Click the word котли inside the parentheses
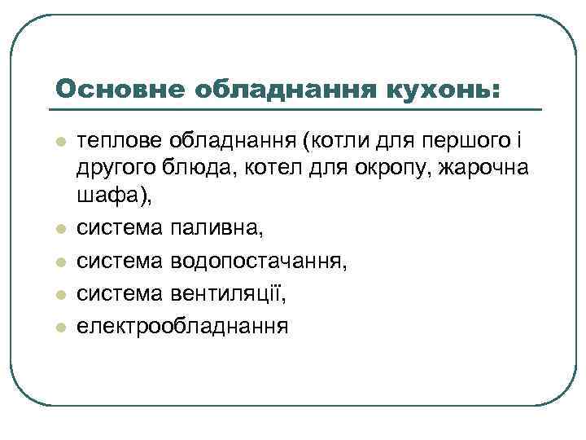point(327,142)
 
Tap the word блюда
point(183,168)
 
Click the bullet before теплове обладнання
point(59,143)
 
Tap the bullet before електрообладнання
point(59,327)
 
